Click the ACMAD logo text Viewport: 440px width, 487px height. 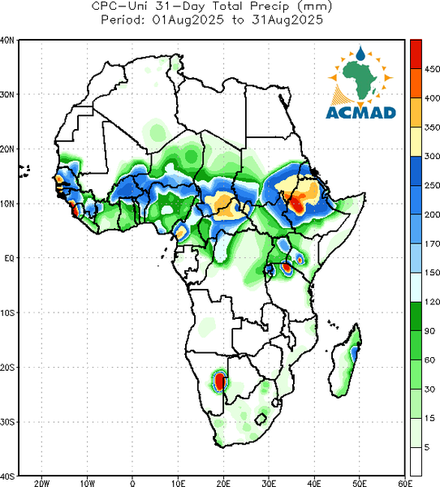coord(360,113)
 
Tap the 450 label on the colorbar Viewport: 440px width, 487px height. coord(432,69)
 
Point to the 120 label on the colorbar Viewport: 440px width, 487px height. coord(432,302)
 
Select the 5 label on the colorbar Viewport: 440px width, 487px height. coord(427,447)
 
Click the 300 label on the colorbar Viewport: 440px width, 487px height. coord(432,156)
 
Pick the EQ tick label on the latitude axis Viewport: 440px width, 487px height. coord(9,258)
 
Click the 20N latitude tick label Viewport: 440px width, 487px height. coord(7,149)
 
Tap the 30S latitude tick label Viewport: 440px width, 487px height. coord(7,422)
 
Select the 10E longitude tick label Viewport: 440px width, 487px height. coord(178,483)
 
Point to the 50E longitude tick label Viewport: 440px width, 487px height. coord(360,483)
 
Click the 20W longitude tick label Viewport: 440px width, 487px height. coord(42,483)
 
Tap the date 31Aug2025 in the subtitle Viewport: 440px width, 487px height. coord(287,20)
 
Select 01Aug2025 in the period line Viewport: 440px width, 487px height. coord(188,20)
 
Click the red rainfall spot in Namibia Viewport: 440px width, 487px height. coord(220,381)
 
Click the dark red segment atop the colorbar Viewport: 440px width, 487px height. coord(416,54)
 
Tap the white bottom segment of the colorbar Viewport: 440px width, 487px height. coord(416,461)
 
